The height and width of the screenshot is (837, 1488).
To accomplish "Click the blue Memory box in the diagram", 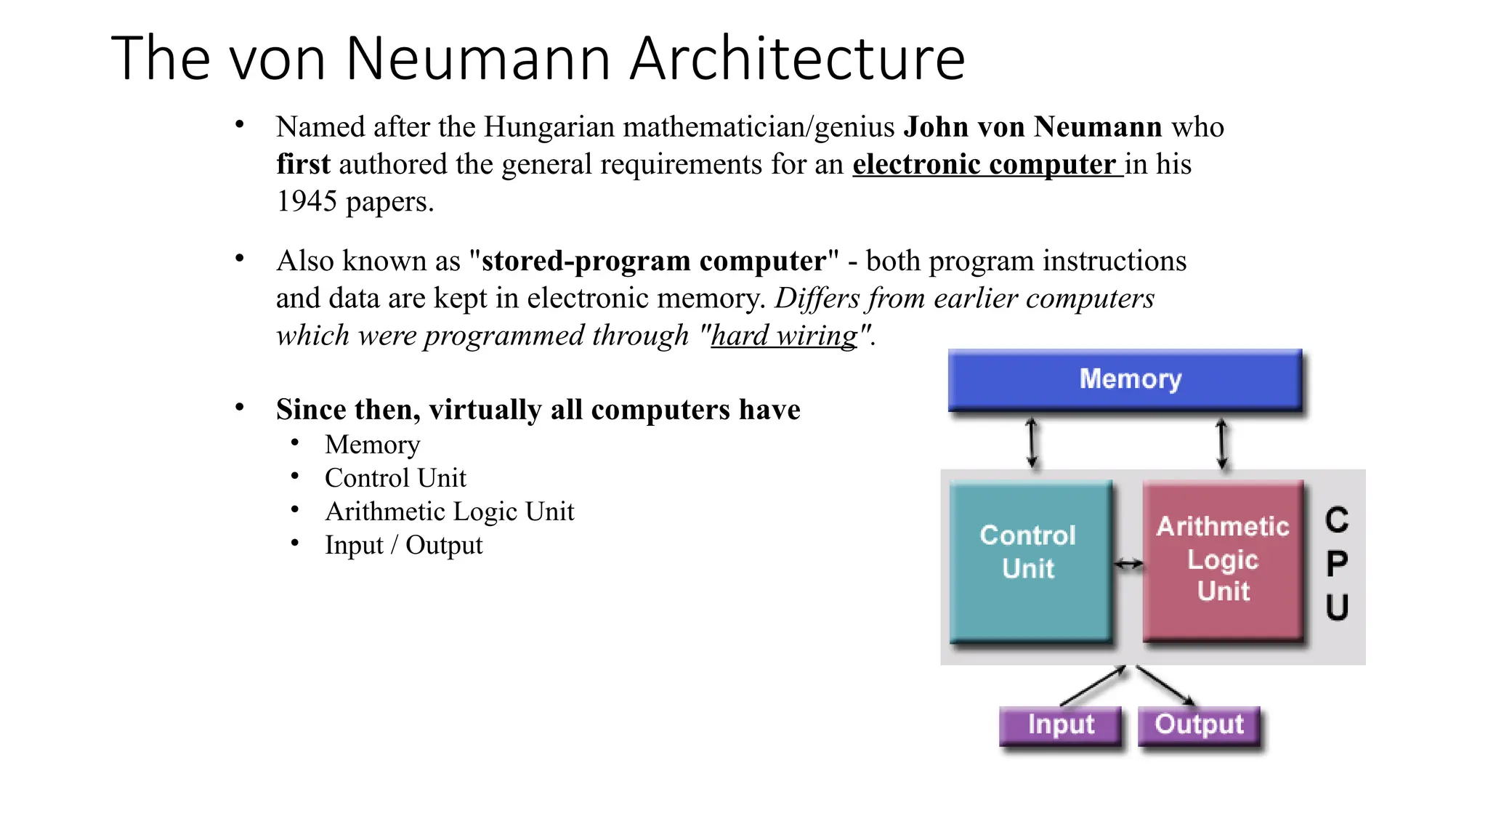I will [1125, 380].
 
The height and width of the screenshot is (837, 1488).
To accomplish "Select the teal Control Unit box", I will [1030, 562].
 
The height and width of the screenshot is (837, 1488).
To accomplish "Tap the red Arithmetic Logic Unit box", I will [1223, 560].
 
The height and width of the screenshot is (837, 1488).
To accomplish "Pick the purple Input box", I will [1060, 725].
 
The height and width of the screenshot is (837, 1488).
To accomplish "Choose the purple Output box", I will [1199, 725].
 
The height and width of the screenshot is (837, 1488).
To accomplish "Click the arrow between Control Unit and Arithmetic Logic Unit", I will [1128, 564].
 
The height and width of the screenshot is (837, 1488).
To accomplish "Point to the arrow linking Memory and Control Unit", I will [1032, 442].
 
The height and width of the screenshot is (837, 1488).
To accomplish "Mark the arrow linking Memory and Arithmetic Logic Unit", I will [1221, 442].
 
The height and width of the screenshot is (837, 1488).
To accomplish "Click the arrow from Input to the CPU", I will [1093, 685].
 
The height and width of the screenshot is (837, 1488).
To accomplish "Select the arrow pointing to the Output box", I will [1165, 685].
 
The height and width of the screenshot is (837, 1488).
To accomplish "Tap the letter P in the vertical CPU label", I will [1337, 564].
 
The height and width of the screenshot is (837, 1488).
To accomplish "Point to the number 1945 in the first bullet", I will [307, 201].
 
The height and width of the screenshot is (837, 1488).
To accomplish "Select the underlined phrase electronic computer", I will [987, 164].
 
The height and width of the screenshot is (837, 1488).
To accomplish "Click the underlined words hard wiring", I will [784, 336].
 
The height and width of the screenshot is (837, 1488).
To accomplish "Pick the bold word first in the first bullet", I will [303, 164].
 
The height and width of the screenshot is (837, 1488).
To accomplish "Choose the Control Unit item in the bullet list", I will [395, 478].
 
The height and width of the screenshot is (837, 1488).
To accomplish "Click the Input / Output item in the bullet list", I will [403, 545].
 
